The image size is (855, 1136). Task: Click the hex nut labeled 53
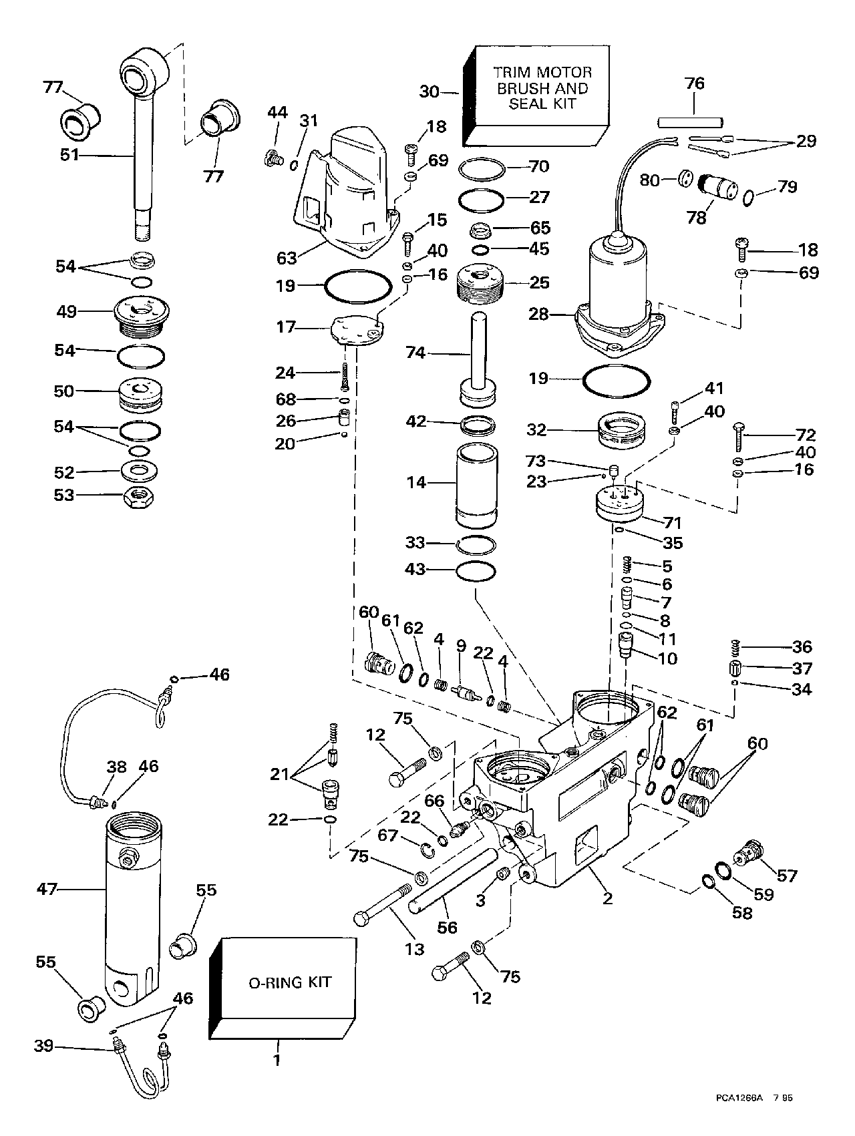pos(140,496)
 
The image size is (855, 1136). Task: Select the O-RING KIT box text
pos(290,982)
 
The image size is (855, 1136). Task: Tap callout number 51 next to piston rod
pos(69,155)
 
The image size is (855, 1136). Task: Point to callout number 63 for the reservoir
pos(287,257)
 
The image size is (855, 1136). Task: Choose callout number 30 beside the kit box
pos(430,91)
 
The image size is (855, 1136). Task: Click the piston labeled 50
pos(140,395)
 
